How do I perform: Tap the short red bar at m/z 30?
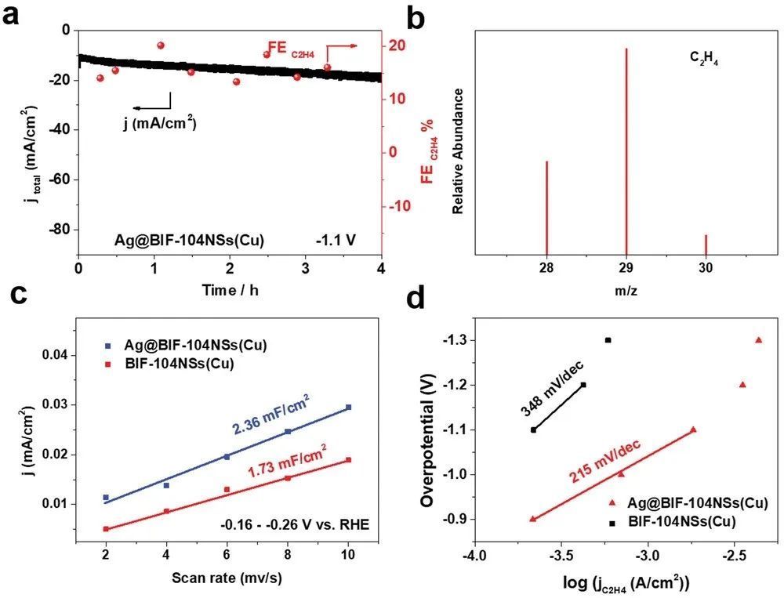pyautogui.click(x=706, y=245)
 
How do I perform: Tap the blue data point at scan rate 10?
pyautogui.click(x=348, y=407)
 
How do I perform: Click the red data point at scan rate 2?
pyautogui.click(x=106, y=529)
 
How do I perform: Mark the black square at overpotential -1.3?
pyautogui.click(x=608, y=340)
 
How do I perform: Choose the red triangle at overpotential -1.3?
pyautogui.click(x=758, y=340)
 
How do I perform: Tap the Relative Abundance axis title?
pyautogui.click(x=459, y=151)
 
